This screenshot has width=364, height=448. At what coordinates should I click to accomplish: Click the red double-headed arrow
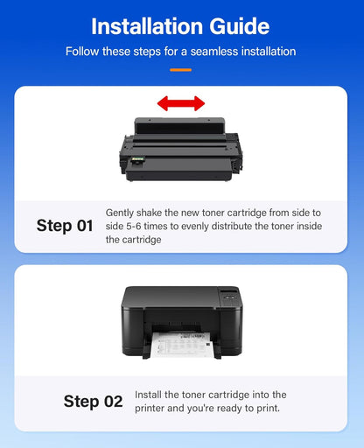pyautogui.click(x=181, y=103)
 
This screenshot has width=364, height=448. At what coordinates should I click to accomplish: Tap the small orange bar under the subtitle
pyautogui.click(x=181, y=68)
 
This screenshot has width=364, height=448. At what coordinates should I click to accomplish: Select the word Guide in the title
pyautogui.click(x=238, y=25)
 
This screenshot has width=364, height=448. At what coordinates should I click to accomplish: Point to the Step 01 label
pyautogui.click(x=65, y=226)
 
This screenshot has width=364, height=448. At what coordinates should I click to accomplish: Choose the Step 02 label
pyautogui.click(x=93, y=402)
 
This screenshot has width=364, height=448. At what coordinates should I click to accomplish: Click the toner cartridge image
pyautogui.click(x=181, y=149)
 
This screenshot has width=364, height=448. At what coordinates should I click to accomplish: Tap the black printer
pyautogui.click(x=181, y=319)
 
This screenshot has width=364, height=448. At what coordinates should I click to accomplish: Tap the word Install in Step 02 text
pyautogui.click(x=150, y=395)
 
